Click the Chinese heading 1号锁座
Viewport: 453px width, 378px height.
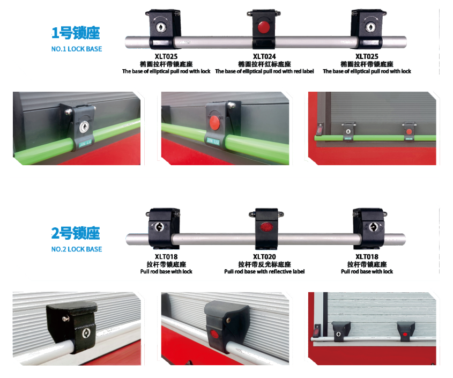click(76, 33)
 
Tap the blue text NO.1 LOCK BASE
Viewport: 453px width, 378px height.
click(77, 49)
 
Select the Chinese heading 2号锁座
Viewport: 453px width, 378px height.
click(76, 233)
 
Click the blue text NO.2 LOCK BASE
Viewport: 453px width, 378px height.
click(77, 249)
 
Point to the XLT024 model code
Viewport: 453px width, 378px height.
click(264, 56)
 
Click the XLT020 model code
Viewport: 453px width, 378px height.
click(264, 257)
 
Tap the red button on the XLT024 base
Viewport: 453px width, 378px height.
click(263, 27)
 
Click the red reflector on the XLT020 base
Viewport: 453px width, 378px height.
click(266, 227)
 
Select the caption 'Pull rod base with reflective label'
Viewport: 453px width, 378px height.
click(264, 271)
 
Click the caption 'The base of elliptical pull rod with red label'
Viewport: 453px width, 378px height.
click(264, 71)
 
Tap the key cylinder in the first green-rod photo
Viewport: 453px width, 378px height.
click(84, 127)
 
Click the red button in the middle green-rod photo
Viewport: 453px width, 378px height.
click(214, 123)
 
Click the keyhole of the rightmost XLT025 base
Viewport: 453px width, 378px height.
click(370, 27)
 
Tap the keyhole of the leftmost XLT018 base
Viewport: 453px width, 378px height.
click(159, 227)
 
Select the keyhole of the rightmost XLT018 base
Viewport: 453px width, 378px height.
click(373, 227)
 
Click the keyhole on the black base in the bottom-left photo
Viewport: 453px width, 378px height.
click(86, 333)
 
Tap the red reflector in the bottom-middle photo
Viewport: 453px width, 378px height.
click(214, 335)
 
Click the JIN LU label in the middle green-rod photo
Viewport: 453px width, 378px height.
click(213, 141)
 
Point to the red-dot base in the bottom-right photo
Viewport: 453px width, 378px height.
click(406, 331)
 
